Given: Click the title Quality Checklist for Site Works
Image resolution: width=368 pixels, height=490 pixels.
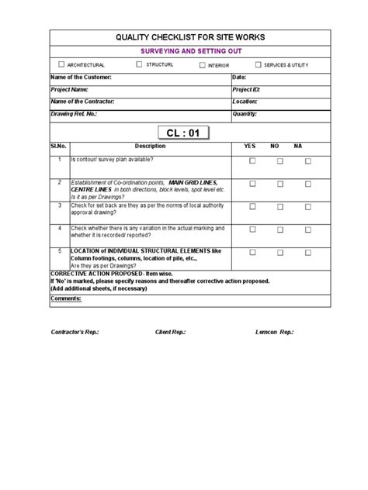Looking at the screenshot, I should pyautogui.click(x=185, y=37).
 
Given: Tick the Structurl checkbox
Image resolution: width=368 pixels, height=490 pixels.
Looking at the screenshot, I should pyautogui.click(x=139, y=64).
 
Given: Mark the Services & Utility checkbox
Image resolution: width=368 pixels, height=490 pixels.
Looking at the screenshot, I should pyautogui.click(x=259, y=64).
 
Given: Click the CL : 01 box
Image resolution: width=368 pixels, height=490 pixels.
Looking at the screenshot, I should pyautogui.click(x=183, y=133).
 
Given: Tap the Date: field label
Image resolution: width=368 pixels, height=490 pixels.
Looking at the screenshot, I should pyautogui.click(x=239, y=78).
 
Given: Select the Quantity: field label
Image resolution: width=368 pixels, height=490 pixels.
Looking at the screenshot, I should pyautogui.click(x=245, y=113).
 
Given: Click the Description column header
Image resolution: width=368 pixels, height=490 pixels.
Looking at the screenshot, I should pyautogui.click(x=150, y=146).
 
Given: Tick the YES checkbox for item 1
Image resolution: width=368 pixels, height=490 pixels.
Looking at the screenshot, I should pyautogui.click(x=252, y=161).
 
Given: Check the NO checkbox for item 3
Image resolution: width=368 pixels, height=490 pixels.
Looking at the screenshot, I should pyautogui.click(x=280, y=208).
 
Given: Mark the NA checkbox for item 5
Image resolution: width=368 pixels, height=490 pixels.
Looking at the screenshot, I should pyautogui.click(x=308, y=253).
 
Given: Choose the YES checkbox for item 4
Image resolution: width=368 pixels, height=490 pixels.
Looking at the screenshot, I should pyautogui.click(x=252, y=230).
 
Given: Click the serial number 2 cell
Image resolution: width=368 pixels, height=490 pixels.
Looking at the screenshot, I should pyautogui.click(x=59, y=181).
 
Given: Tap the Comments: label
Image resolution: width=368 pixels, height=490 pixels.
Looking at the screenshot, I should pyautogui.click(x=65, y=298).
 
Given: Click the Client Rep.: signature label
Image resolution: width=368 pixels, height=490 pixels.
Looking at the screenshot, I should pyautogui.click(x=171, y=331).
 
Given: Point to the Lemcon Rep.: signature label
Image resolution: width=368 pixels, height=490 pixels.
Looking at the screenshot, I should pyautogui.click(x=275, y=331).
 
